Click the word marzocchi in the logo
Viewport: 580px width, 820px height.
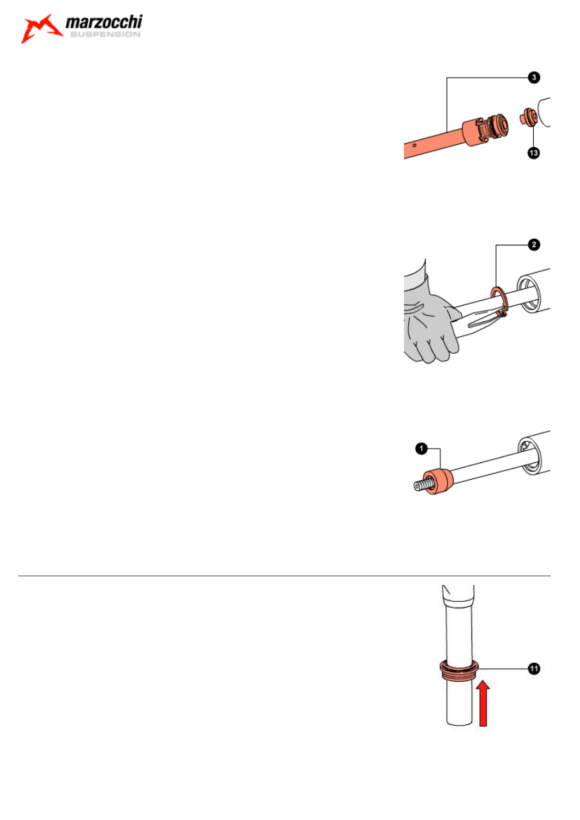tap(104, 22)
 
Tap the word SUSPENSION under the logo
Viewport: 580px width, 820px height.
tap(105, 34)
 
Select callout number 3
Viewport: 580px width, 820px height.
tap(534, 78)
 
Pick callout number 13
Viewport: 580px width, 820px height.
tap(533, 153)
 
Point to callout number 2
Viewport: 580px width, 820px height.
tap(534, 245)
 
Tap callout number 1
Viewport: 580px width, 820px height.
tap(422, 449)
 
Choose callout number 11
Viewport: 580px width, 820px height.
tap(535, 669)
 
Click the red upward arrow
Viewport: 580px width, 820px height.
tap(483, 703)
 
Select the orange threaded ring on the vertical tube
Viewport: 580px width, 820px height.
tap(459, 670)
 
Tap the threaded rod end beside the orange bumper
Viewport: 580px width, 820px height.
tap(420, 486)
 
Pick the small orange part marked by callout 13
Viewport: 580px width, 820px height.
tap(529, 117)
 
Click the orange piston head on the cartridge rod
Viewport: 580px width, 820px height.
tap(485, 130)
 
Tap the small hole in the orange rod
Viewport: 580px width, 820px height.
tap(414, 145)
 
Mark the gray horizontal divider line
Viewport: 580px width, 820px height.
tap(284, 576)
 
